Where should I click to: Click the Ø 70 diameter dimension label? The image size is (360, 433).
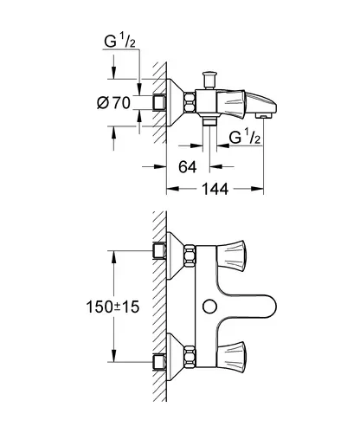point(113,103)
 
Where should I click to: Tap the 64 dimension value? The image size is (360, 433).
point(188,167)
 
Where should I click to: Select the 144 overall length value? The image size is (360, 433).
point(215,189)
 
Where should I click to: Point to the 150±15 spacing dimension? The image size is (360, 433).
point(112,307)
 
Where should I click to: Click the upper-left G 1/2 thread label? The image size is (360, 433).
point(119,41)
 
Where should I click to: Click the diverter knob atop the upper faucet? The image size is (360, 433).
point(209,80)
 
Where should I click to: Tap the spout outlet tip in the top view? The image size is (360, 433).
point(264,115)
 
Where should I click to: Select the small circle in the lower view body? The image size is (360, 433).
point(209,307)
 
